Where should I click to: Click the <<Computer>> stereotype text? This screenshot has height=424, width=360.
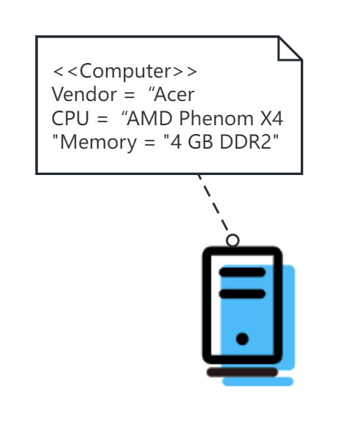125,71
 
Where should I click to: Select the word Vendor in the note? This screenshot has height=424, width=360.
84,94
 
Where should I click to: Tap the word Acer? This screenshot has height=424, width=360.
174,94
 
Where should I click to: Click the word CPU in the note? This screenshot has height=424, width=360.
70,119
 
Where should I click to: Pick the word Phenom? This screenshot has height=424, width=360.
216,118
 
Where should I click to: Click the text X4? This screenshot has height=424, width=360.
271,119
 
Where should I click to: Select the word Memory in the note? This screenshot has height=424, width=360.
98,143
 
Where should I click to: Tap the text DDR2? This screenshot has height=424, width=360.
245,142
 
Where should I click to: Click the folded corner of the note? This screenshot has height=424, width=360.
290,48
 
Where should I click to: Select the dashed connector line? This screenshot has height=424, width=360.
214,205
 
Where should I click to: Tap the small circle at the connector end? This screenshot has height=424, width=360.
233,240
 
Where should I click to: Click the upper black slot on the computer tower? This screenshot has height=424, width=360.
242,272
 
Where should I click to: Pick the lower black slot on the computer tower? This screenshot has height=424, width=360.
242,294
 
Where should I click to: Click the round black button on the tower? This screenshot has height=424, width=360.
242,339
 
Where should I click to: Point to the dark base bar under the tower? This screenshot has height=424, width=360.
242,372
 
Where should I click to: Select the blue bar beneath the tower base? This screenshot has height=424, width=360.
258,382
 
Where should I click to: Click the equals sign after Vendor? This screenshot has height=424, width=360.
128,95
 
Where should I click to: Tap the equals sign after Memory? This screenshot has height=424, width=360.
149,143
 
